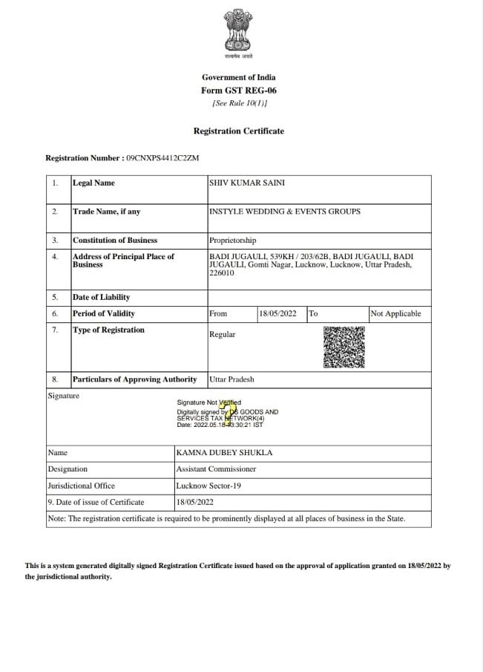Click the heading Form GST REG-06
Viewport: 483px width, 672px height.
[x=238, y=91]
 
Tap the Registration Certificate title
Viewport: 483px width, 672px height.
[x=238, y=131]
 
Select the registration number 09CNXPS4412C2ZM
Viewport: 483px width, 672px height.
[x=162, y=158]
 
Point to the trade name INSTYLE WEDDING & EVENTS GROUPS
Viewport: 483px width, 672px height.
[x=285, y=212]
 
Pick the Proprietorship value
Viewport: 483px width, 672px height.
[x=232, y=241]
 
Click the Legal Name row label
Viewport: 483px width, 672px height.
[x=93, y=183]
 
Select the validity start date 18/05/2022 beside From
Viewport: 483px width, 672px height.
[x=277, y=313]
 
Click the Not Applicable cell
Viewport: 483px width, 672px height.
[x=395, y=313]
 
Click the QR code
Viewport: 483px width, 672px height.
[x=344, y=348]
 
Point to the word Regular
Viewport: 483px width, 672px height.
[x=222, y=334]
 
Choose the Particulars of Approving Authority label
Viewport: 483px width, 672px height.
[x=134, y=379]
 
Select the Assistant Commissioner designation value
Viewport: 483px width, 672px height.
[x=216, y=469]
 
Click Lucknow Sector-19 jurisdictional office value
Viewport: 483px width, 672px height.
[x=208, y=486]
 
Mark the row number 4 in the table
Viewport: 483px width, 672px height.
[x=55, y=257]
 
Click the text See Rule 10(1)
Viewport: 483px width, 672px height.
[x=239, y=103]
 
